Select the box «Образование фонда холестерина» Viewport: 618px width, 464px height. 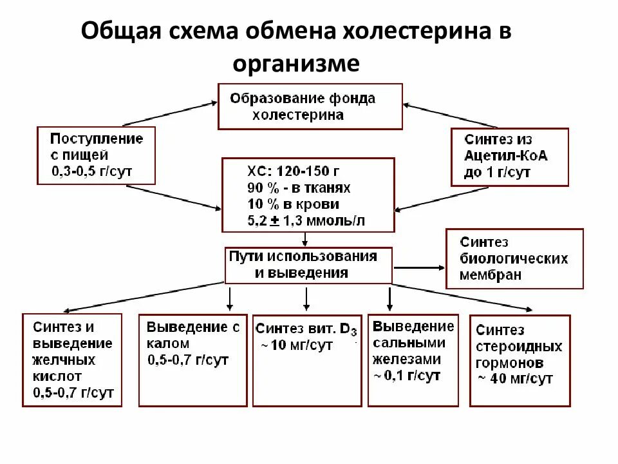click(310, 106)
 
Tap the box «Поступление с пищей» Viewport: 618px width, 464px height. click(97, 155)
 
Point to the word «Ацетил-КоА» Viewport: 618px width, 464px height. click(506, 156)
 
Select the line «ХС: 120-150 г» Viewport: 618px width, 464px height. click(293, 171)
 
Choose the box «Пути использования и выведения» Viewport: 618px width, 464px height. click(308, 264)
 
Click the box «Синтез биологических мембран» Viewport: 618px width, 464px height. click(514, 258)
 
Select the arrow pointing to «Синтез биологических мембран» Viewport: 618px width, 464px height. click(418, 266)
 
